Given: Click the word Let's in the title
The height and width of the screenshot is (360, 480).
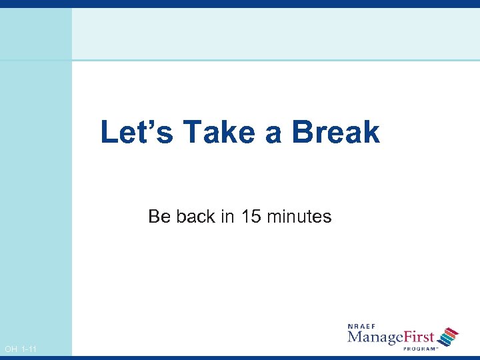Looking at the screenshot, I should [137, 132].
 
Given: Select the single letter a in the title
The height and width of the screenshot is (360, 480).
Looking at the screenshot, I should [273, 135].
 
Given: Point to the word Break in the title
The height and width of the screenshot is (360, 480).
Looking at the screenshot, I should [335, 132].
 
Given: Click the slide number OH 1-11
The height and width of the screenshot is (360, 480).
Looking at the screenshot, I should [21, 349].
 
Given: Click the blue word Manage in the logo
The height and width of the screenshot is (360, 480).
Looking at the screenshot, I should [375, 337].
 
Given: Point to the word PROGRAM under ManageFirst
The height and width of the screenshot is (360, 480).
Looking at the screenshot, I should [418, 348].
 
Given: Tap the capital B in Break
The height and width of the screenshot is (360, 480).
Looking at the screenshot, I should [303, 132].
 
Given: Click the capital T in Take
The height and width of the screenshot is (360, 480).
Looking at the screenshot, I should [191, 132].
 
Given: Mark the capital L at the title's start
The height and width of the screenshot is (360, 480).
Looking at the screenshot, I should [108, 132].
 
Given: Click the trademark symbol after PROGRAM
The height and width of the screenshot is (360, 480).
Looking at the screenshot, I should [436, 347].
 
